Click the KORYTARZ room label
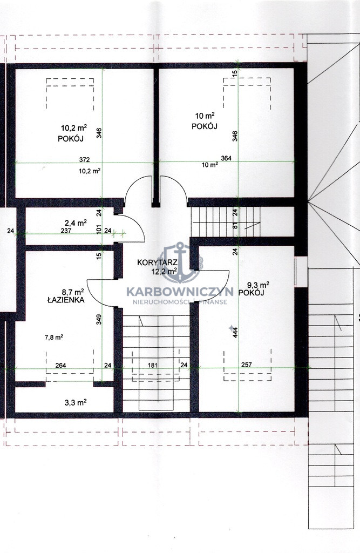point(152,262)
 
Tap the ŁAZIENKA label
point(66,300)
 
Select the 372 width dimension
point(84,160)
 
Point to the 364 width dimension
point(226,158)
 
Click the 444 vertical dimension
point(235,333)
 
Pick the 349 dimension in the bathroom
point(99,320)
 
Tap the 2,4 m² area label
point(76,223)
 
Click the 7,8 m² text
point(53,337)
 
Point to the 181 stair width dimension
point(152,366)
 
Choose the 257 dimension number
point(247,365)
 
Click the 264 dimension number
point(60,366)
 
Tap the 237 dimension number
point(66,231)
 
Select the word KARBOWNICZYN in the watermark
point(180,292)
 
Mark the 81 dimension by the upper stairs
point(235,226)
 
